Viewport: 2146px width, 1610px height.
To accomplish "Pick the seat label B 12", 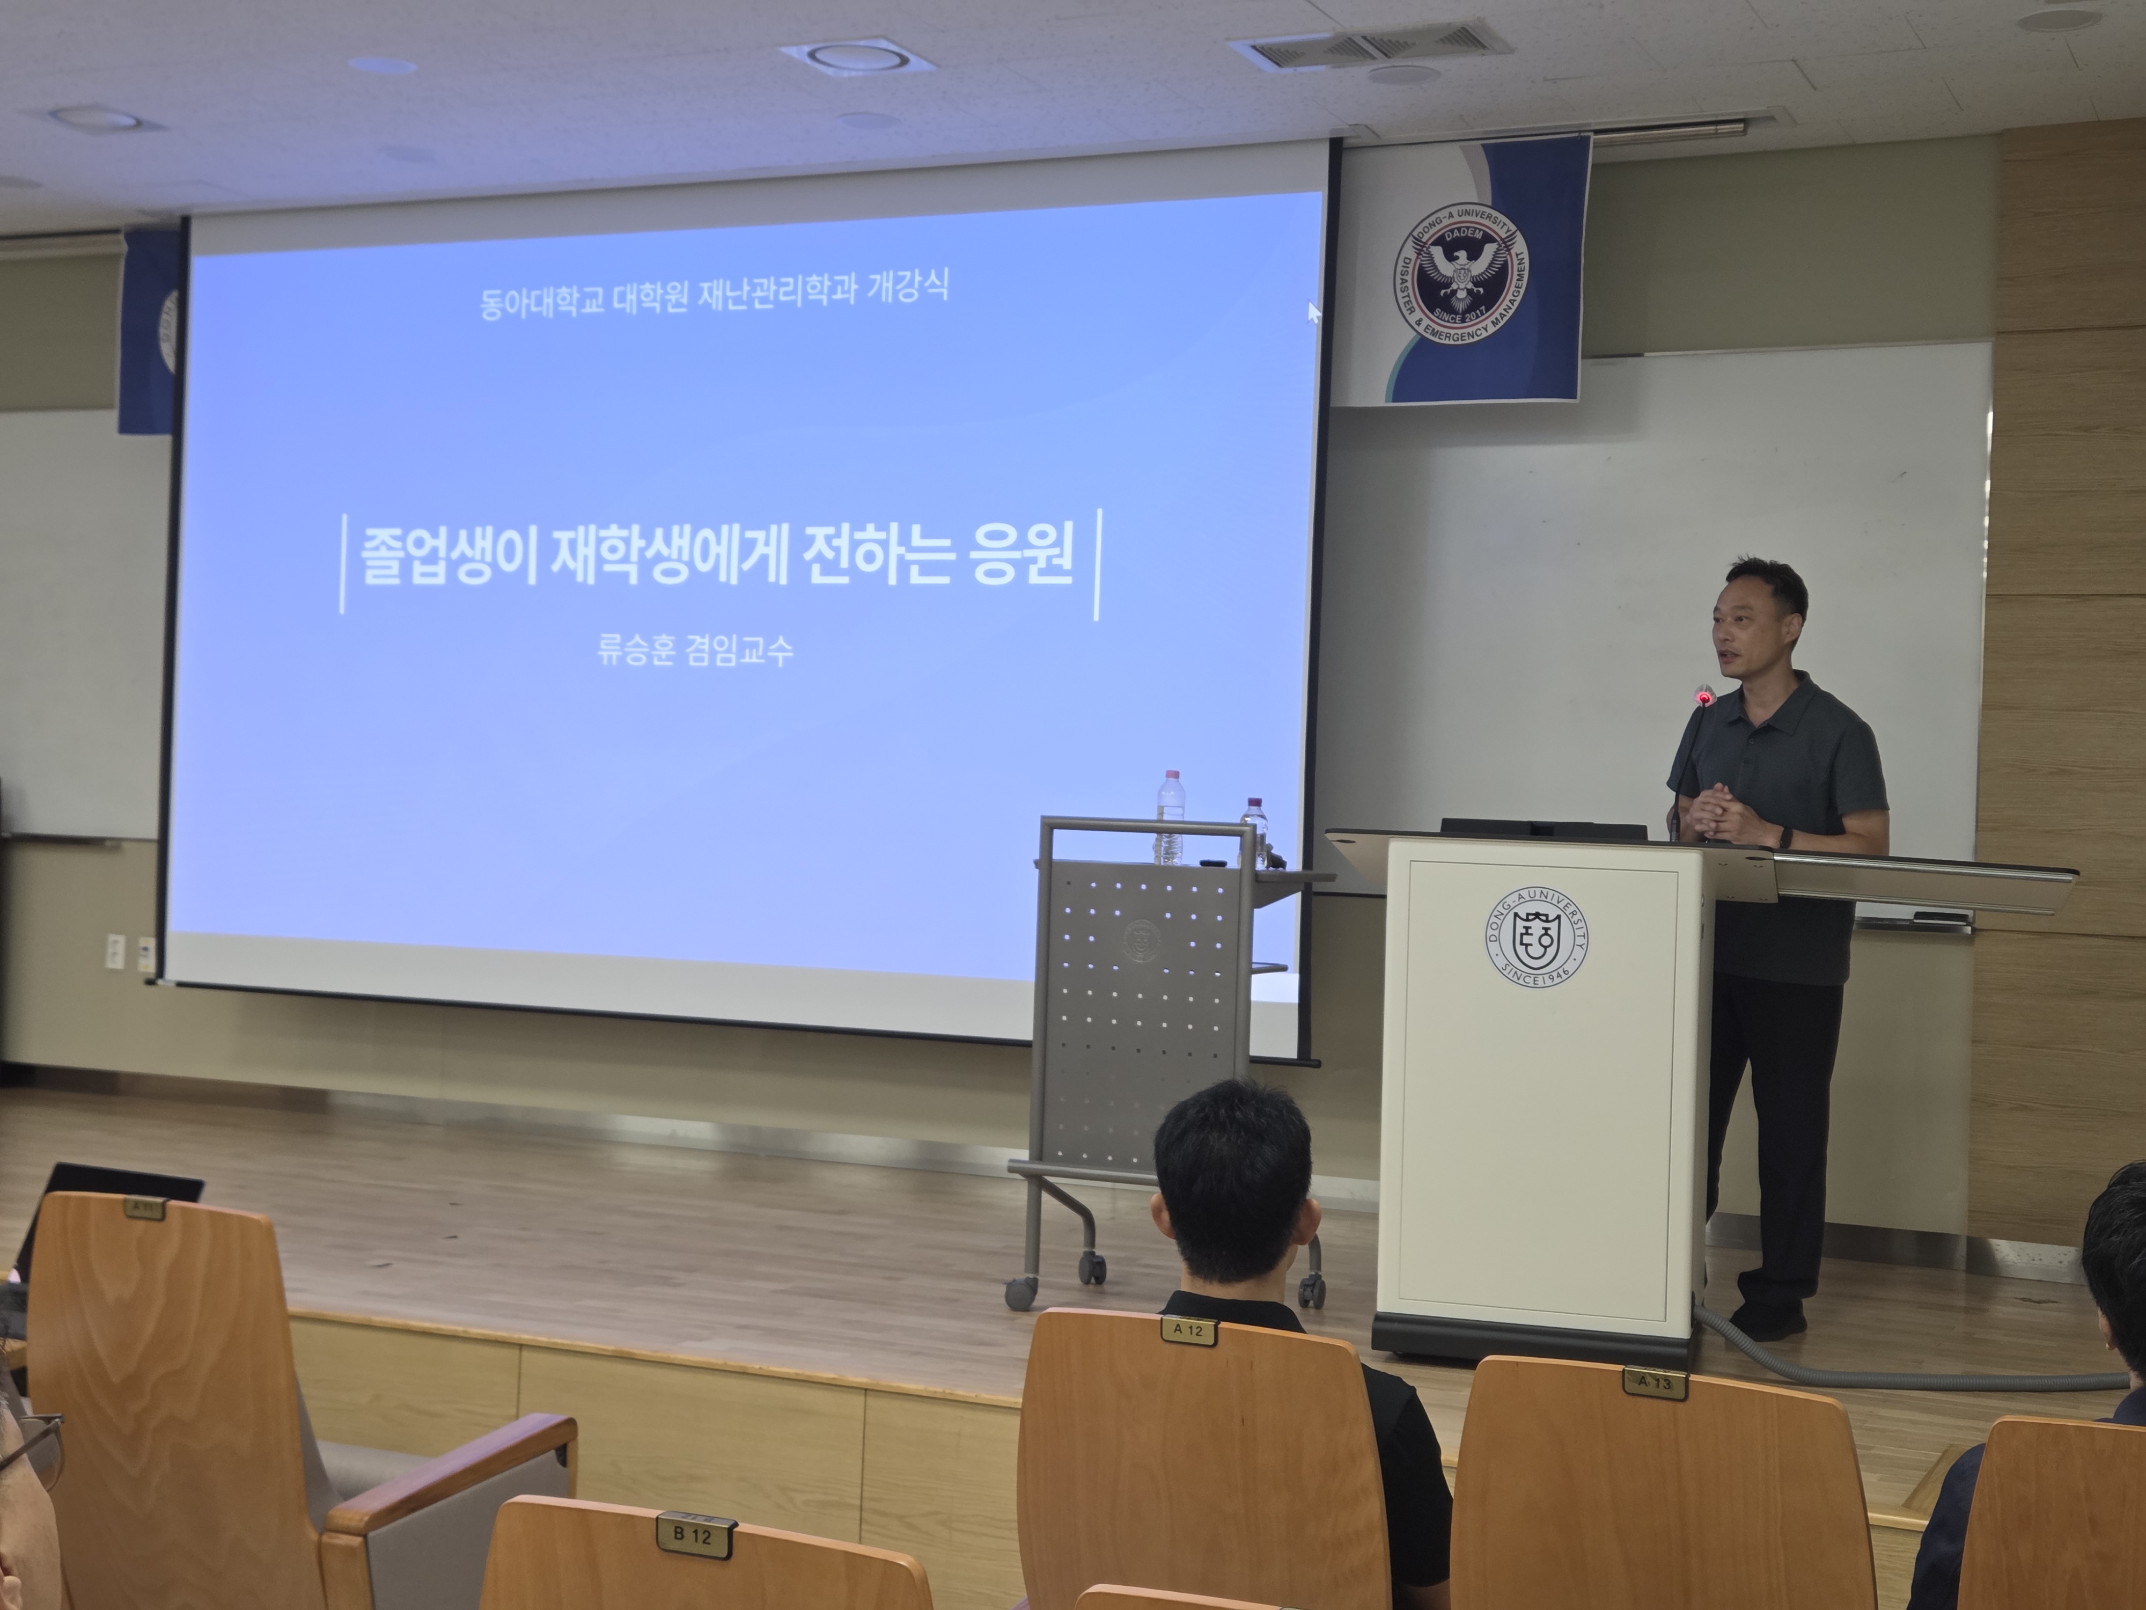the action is (693, 1534).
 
